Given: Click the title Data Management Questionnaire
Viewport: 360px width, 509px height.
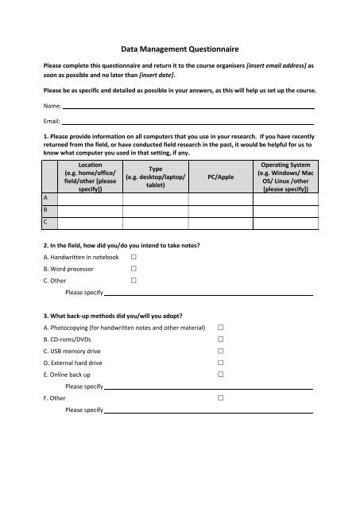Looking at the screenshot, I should tap(180, 49).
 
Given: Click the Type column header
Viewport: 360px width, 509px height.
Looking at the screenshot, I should tap(156, 175).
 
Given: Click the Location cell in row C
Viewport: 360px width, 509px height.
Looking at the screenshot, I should tap(89, 223).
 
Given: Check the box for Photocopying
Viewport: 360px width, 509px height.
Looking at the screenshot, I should tap(221, 328).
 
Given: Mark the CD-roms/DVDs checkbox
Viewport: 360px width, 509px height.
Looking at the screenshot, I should tap(221, 340).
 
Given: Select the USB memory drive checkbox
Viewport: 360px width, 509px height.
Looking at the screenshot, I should tap(221, 351).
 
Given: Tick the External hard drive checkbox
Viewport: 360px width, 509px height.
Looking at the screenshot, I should tap(221, 363).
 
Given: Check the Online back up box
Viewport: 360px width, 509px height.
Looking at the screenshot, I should tap(221, 374).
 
